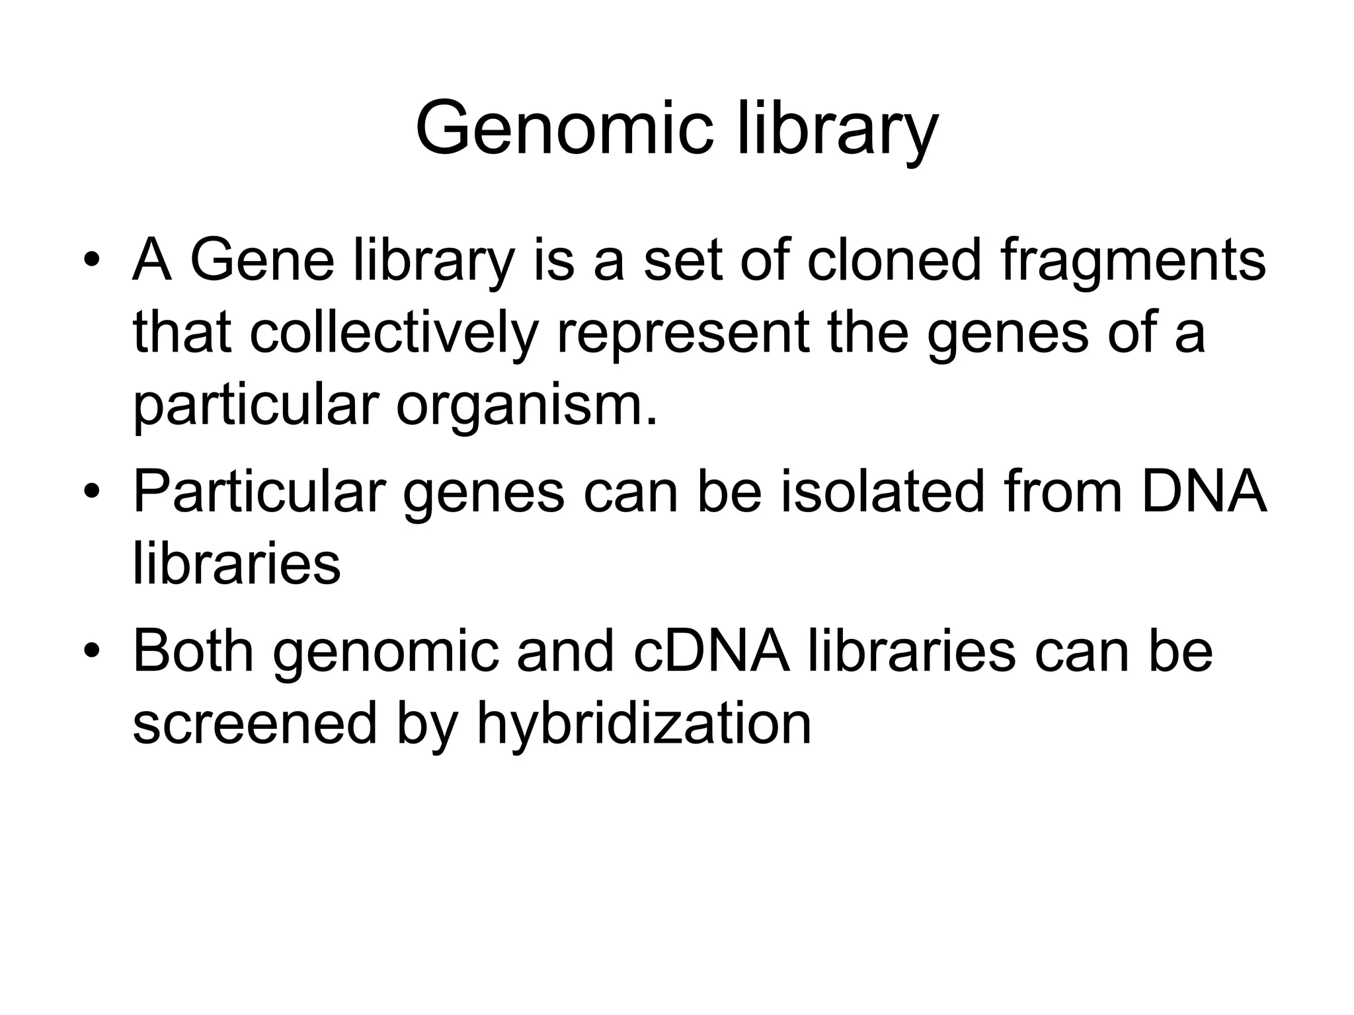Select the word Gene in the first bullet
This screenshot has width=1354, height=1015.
[262, 260]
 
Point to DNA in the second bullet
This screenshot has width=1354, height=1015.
[1203, 492]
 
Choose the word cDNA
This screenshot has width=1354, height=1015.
[711, 652]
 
